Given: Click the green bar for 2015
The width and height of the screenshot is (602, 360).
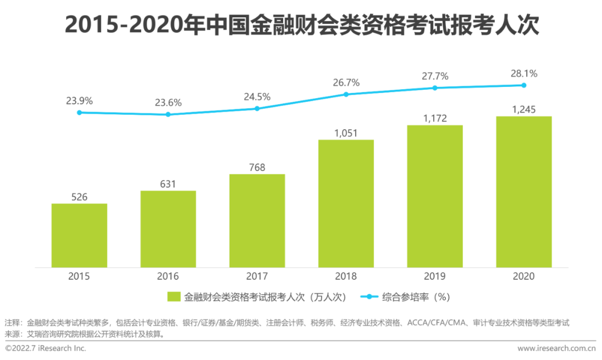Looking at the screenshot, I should pos(79,235).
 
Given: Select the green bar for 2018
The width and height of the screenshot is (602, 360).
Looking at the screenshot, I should pos(346,203).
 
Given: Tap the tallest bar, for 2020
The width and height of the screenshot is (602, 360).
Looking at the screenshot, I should pos(523,192).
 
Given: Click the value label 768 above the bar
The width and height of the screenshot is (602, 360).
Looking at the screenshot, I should pos(257,167).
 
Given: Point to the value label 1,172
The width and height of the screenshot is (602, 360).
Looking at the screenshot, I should pos(434,118).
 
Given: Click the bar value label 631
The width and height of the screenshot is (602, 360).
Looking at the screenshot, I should pos(168,184).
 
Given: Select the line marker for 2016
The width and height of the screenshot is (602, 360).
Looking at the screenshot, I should pos(168,114).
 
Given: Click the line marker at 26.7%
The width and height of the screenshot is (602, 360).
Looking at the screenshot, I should pos(346,94).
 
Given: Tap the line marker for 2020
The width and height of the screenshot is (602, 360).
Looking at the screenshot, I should pos(523,85).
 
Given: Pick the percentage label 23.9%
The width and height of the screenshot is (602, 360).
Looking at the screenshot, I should pos(79,101).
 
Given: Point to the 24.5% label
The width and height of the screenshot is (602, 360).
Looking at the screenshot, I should pos(257,96).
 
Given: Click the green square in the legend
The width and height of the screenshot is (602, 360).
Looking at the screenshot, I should pos(173,297).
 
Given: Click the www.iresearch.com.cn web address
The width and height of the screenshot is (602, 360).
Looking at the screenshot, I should pos(556,348).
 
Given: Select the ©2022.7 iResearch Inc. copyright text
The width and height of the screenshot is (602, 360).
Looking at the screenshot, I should pos(46,348).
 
